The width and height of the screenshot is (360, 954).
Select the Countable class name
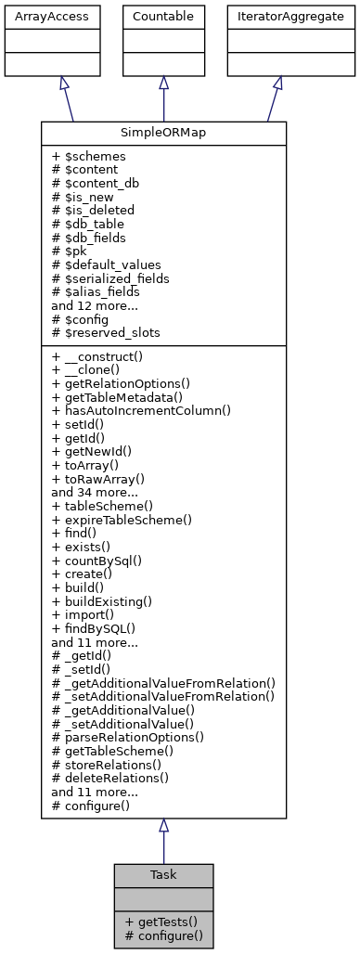(x=163, y=17)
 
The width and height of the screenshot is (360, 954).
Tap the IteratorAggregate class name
(x=277, y=17)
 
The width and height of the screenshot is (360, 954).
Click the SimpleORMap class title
(x=163, y=134)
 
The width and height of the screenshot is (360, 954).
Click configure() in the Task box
(x=163, y=935)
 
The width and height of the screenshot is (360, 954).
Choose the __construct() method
(x=104, y=356)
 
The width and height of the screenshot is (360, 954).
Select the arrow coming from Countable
(x=163, y=98)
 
